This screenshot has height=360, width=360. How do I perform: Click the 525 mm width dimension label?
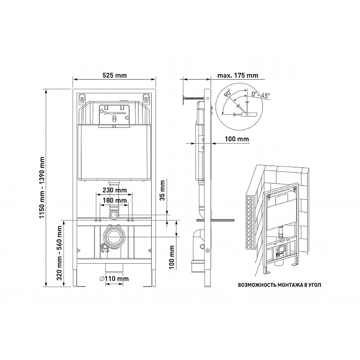pyautogui.click(x=114, y=75)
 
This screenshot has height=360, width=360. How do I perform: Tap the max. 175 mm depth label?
pyautogui.click(x=238, y=75)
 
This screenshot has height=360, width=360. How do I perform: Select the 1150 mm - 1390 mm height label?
pyautogui.click(x=41, y=187)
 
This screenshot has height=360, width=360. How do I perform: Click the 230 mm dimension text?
pyautogui.click(x=115, y=190)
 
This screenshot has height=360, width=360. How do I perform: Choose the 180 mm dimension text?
pyautogui.click(x=115, y=200)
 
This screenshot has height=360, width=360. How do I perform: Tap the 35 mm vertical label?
pyautogui.click(x=162, y=190)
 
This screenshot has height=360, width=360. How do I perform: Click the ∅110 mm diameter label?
pyautogui.click(x=114, y=279)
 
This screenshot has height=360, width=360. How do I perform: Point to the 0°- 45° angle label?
pyautogui.click(x=261, y=94)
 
